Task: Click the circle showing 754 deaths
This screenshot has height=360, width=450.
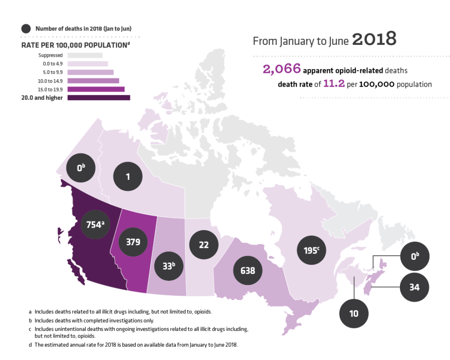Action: [x=95, y=224]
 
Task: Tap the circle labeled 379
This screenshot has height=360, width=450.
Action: [x=132, y=242]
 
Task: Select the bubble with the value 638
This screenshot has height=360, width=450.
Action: [x=248, y=270]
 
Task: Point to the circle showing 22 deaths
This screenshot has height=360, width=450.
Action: [x=203, y=245]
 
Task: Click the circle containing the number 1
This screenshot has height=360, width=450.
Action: [x=128, y=177]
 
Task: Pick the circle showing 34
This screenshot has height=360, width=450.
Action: [x=414, y=287]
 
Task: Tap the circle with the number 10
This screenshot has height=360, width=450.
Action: [x=354, y=313]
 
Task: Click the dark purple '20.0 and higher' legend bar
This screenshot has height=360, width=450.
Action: [x=99, y=98]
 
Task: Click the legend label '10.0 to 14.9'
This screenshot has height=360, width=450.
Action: [x=51, y=81]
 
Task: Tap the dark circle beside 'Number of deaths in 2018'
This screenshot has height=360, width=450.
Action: [x=26, y=29]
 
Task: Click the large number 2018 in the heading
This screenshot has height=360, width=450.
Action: [x=374, y=40]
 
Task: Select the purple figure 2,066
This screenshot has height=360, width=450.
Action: [x=282, y=69]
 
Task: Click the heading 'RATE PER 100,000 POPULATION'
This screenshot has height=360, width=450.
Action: [x=75, y=45]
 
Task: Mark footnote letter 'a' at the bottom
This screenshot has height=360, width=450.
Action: [x=30, y=312]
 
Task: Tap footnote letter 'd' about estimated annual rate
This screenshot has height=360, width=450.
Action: [x=30, y=345]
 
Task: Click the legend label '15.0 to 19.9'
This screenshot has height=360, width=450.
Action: [x=51, y=89]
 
